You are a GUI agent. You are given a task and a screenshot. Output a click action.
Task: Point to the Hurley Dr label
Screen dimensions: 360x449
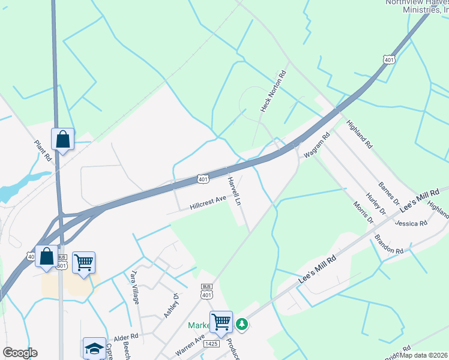pos(376,203)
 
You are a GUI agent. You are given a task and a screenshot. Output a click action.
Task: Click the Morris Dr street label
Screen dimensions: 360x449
pos(363,213)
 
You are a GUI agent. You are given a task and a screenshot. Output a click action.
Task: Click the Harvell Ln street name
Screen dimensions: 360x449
pos(235,191)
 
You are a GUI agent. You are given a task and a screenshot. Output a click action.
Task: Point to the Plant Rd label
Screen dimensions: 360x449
pos(42,151)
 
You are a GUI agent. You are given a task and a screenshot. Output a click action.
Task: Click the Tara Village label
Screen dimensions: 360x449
pos(133,286)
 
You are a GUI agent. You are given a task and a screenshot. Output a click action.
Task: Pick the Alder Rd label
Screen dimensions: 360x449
pos(126,337)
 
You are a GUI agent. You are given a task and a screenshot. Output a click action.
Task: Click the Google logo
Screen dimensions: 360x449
pos(20,353)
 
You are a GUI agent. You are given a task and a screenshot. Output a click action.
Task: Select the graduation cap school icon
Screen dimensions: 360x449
pos(94,348)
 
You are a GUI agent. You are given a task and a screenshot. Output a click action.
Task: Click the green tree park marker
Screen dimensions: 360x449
pos(241,324)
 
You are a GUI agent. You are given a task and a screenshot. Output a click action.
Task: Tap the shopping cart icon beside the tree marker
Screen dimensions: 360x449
pos(221,322)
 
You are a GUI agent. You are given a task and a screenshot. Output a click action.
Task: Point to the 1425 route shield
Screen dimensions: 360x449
pos(209,344)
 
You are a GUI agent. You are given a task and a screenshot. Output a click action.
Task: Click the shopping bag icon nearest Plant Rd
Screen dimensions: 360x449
pos(62,139)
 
